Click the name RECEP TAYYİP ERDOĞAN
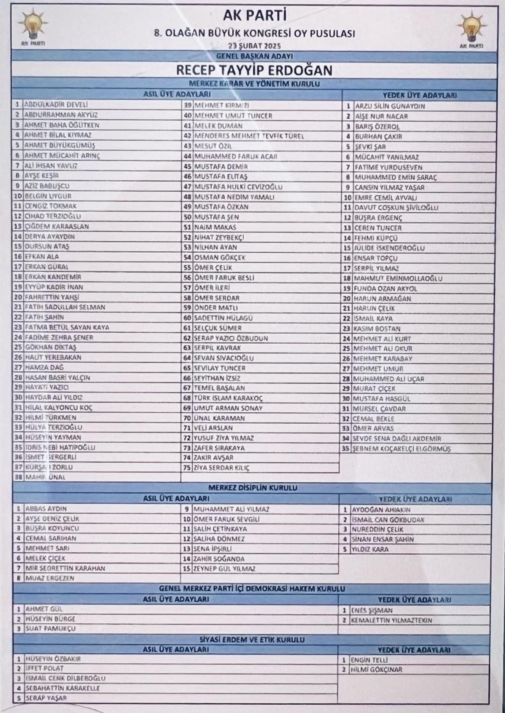pyautogui.click(x=254, y=69)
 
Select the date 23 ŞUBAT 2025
pyautogui.click(x=254, y=46)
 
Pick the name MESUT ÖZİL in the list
pyautogui.click(x=213, y=146)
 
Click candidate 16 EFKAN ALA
pyautogui.click(x=42, y=256)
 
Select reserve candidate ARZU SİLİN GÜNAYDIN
pyautogui.click(x=390, y=106)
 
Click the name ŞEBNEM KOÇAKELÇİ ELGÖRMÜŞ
pyautogui.click(x=401, y=449)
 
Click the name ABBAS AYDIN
pyautogui.click(x=46, y=509)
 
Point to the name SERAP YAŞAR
pyautogui.click(x=46, y=698)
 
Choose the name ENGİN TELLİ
pyautogui.click(x=369, y=660)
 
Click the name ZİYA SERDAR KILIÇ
pyautogui.click(x=222, y=468)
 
